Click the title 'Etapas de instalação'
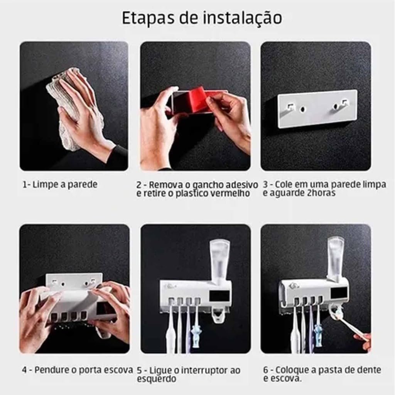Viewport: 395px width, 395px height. coord(202,18)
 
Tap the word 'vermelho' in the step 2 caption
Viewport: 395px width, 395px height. coord(230,193)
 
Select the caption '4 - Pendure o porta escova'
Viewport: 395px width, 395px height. coord(77,370)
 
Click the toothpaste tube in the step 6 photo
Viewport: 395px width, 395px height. coord(336,255)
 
